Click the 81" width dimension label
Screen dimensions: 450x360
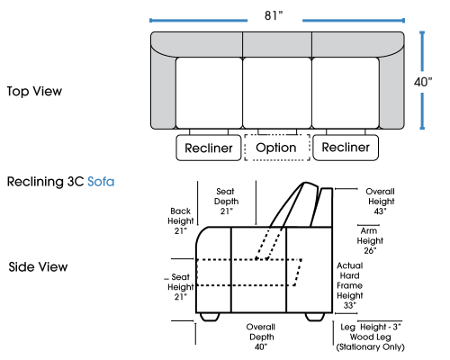(x=274, y=15)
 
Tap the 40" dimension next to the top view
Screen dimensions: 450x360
(x=423, y=82)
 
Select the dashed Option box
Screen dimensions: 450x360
(x=277, y=148)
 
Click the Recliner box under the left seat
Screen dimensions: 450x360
(x=209, y=148)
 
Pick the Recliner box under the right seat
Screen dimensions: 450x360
(x=346, y=148)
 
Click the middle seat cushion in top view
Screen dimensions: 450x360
(x=277, y=93)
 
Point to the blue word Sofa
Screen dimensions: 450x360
(x=101, y=182)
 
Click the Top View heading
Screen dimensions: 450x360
(x=34, y=91)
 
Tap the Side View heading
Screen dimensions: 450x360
(x=38, y=266)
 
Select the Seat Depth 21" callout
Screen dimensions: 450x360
(x=226, y=202)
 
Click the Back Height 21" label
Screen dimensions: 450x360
(x=181, y=220)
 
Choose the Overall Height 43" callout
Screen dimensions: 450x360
(x=381, y=202)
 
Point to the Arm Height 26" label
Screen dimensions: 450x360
(x=370, y=240)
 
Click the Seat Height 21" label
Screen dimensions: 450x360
(x=181, y=287)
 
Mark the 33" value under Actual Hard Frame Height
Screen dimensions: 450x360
(x=350, y=305)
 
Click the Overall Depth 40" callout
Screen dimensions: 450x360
(x=261, y=337)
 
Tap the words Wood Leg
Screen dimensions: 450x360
(x=370, y=337)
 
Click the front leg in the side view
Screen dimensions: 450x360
(x=210, y=317)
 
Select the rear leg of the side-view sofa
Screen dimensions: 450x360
(x=315, y=317)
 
